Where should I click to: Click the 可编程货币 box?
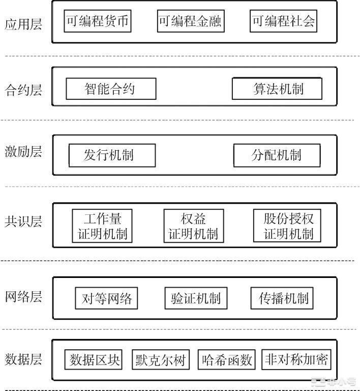pos(97,22)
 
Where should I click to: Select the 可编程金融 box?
pos(190,22)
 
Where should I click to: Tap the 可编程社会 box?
pos(284,22)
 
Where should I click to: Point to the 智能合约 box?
pos(110,89)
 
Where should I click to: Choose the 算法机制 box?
pos(277,89)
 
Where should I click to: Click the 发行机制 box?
pos(112,155)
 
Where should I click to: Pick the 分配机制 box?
pos(277,155)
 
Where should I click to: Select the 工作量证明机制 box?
pos(102,226)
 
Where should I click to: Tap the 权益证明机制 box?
pos(193,226)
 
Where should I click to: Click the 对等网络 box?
pos(107,298)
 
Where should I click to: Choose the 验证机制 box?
pos(196,298)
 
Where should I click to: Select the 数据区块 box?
pos(95,360)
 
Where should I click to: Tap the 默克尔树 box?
pos(160,360)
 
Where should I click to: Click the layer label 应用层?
pos(23,24)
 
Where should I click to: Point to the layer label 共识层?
pos(23,221)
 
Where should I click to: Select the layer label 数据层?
pos(23,359)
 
